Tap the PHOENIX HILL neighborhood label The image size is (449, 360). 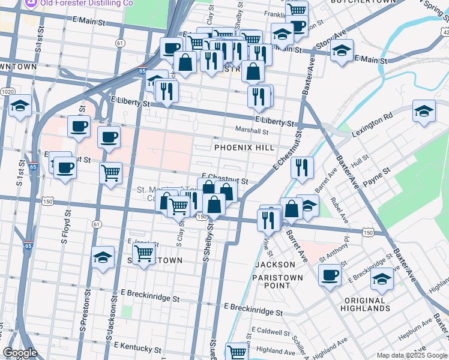244,148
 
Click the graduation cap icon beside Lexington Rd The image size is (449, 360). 424,111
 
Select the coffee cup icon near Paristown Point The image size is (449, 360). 329,275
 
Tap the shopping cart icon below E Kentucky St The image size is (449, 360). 237,351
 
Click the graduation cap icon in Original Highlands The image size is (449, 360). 382,278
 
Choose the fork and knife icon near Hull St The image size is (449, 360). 302,167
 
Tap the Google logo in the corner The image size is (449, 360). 20,353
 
